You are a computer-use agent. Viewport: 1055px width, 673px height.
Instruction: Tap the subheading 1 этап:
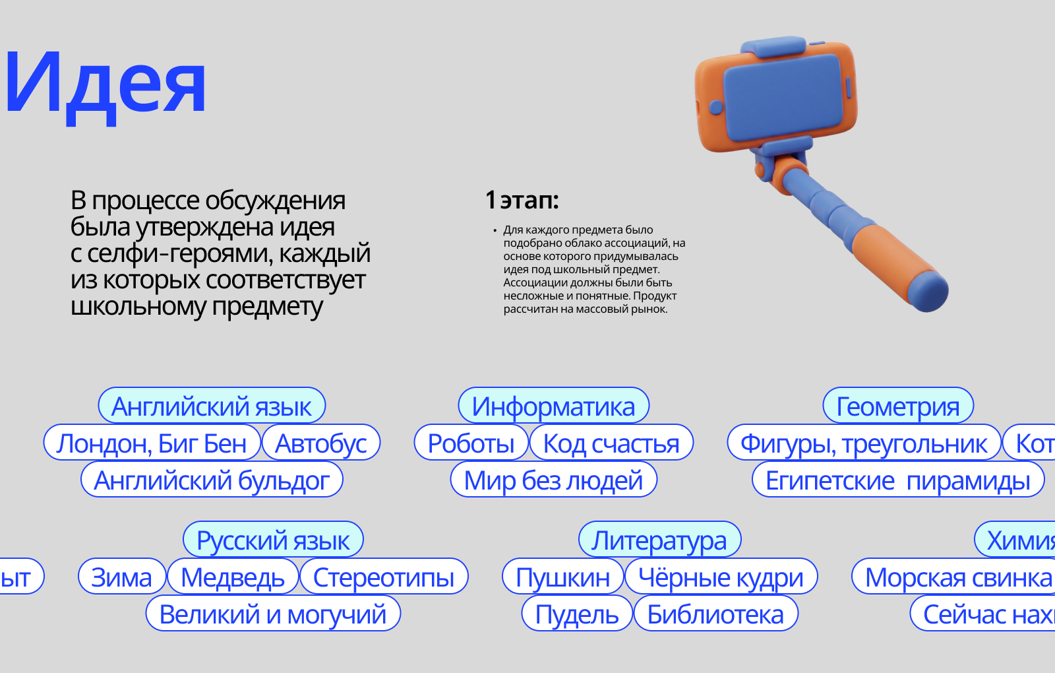click(522, 200)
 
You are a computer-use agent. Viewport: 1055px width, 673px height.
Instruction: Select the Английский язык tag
click(212, 406)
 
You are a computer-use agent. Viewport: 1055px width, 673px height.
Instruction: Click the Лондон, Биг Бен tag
click(152, 443)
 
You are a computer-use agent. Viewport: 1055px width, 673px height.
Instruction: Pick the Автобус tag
click(321, 443)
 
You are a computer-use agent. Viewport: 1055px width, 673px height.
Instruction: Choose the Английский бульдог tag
click(212, 480)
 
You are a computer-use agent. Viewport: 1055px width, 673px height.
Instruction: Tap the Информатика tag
click(553, 406)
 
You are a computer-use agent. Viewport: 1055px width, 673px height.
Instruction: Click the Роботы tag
click(471, 443)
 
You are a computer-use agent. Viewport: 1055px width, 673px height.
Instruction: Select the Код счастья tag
click(611, 443)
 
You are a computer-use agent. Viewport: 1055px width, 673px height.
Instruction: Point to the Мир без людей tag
click(553, 480)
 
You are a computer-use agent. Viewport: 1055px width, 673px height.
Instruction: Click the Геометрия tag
click(898, 406)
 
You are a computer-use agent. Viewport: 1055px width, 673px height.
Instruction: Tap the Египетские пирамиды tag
click(898, 480)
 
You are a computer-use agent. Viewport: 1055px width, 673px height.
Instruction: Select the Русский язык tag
click(273, 540)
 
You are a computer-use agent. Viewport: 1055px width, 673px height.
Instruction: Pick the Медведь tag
click(233, 577)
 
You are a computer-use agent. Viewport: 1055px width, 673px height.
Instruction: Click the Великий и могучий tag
click(273, 614)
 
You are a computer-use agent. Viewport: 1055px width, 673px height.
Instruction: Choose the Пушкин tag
click(562, 577)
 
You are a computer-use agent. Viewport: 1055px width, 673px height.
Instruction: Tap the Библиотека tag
click(715, 614)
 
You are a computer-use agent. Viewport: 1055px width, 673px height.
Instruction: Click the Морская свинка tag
click(958, 577)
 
